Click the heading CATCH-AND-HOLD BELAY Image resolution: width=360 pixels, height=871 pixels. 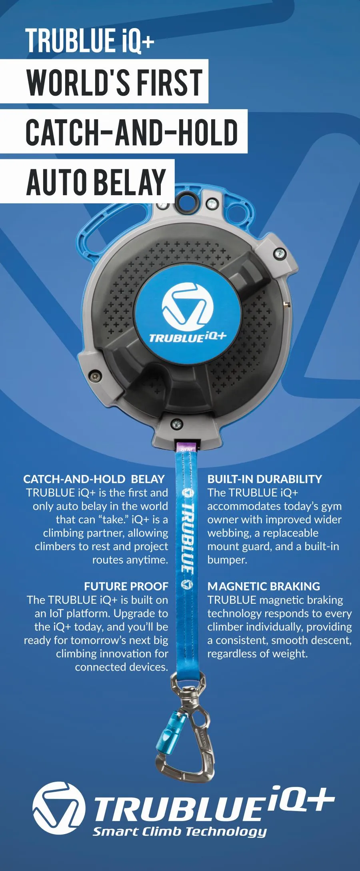coord(94,479)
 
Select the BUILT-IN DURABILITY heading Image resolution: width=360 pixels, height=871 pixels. coord(264,479)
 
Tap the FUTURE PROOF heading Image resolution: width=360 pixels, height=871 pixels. coord(126,586)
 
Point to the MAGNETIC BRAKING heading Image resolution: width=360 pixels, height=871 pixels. coord(264,586)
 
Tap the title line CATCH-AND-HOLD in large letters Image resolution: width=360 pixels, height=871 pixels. coord(132,132)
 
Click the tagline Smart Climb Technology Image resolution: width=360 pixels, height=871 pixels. coord(180,831)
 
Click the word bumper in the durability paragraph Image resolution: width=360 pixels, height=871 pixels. coord(227,560)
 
